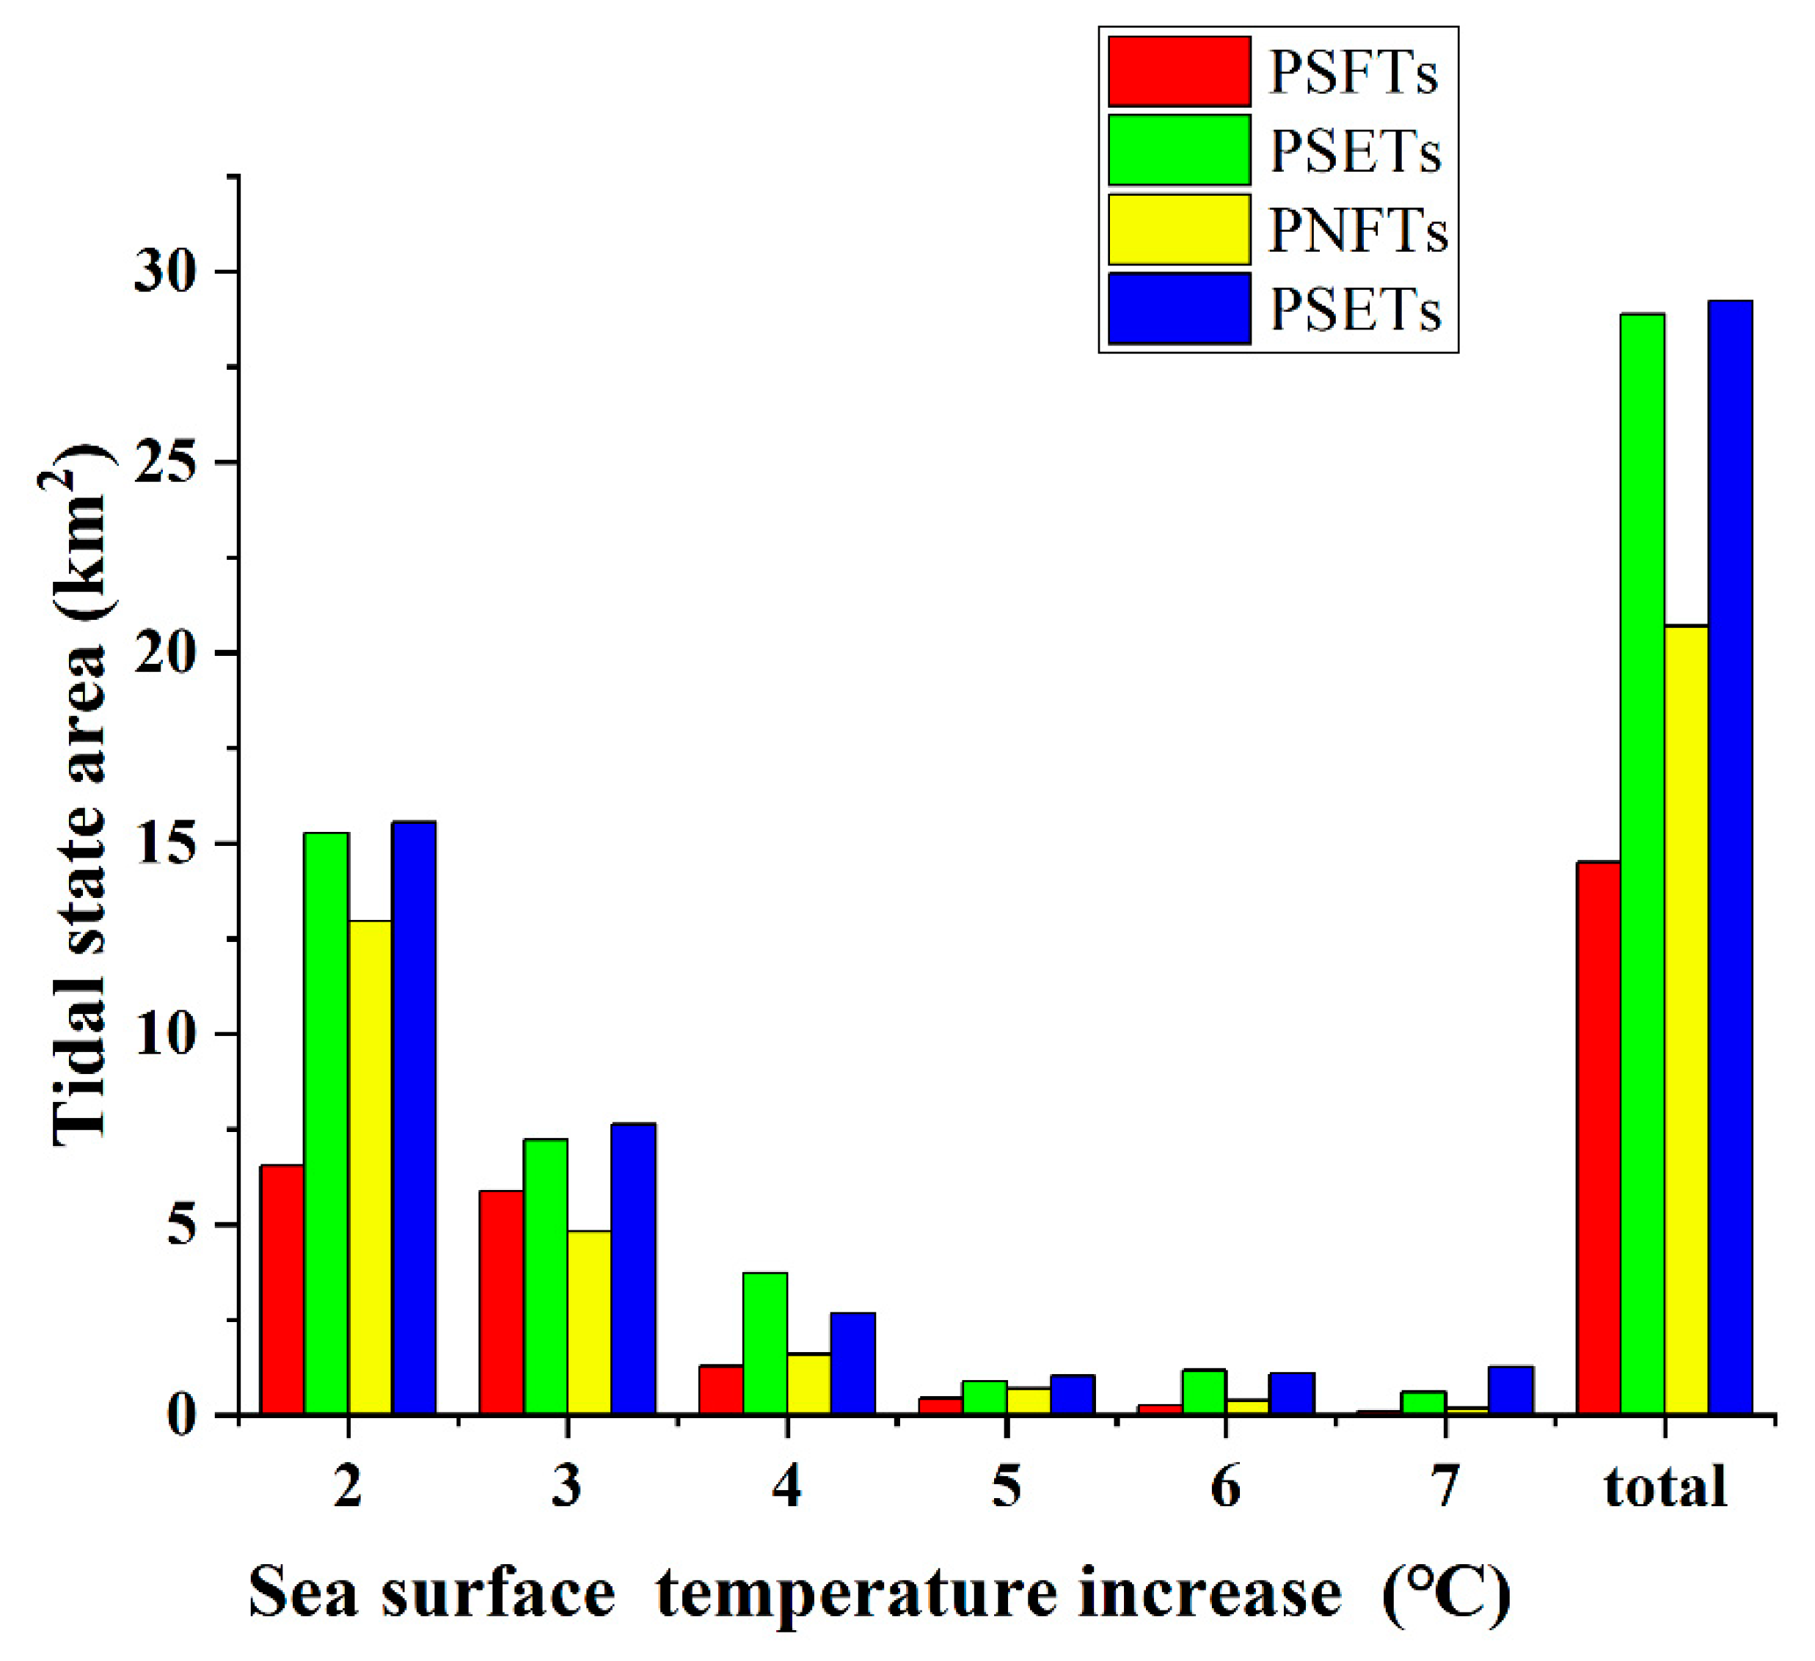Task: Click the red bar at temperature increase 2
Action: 282,1289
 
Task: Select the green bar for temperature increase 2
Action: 326,1122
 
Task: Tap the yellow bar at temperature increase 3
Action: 590,1323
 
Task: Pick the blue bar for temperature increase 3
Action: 633,1269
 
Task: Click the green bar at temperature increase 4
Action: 765,1343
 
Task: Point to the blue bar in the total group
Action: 1731,857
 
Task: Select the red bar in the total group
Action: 1598,1138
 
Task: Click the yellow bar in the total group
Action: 1687,1019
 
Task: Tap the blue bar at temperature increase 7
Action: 1511,1391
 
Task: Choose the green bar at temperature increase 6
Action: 1204,1392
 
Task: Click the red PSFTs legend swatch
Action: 1178,72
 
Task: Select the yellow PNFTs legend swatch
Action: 1178,230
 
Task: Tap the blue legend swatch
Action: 1178,308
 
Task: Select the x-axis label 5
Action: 1006,1487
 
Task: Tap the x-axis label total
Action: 1665,1487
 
